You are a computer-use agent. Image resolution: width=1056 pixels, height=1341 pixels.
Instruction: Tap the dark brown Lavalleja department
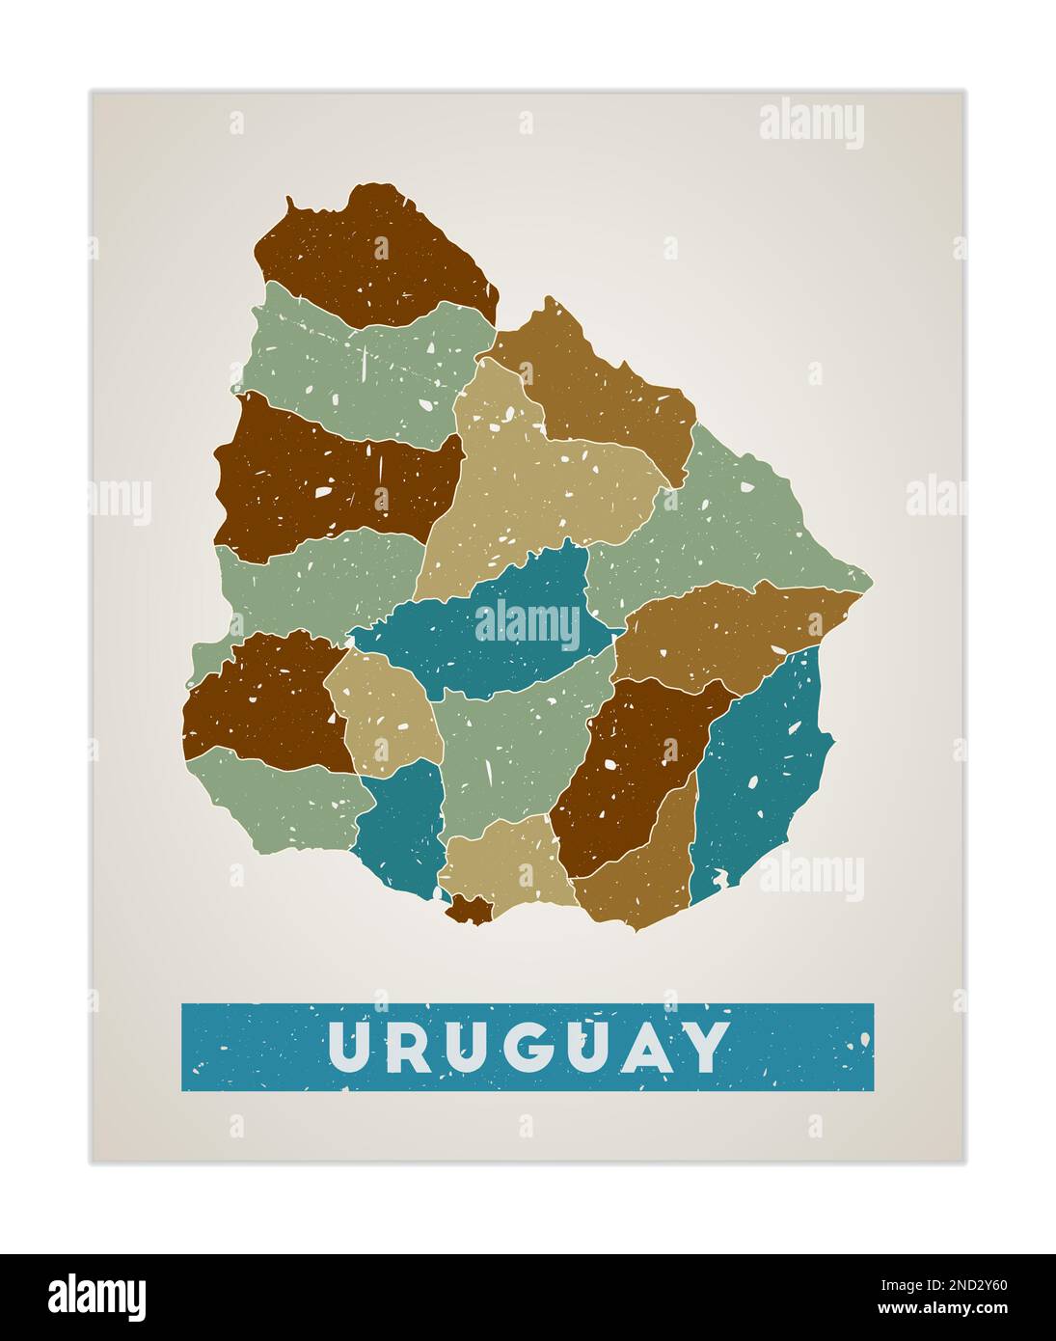[x=627, y=772]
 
